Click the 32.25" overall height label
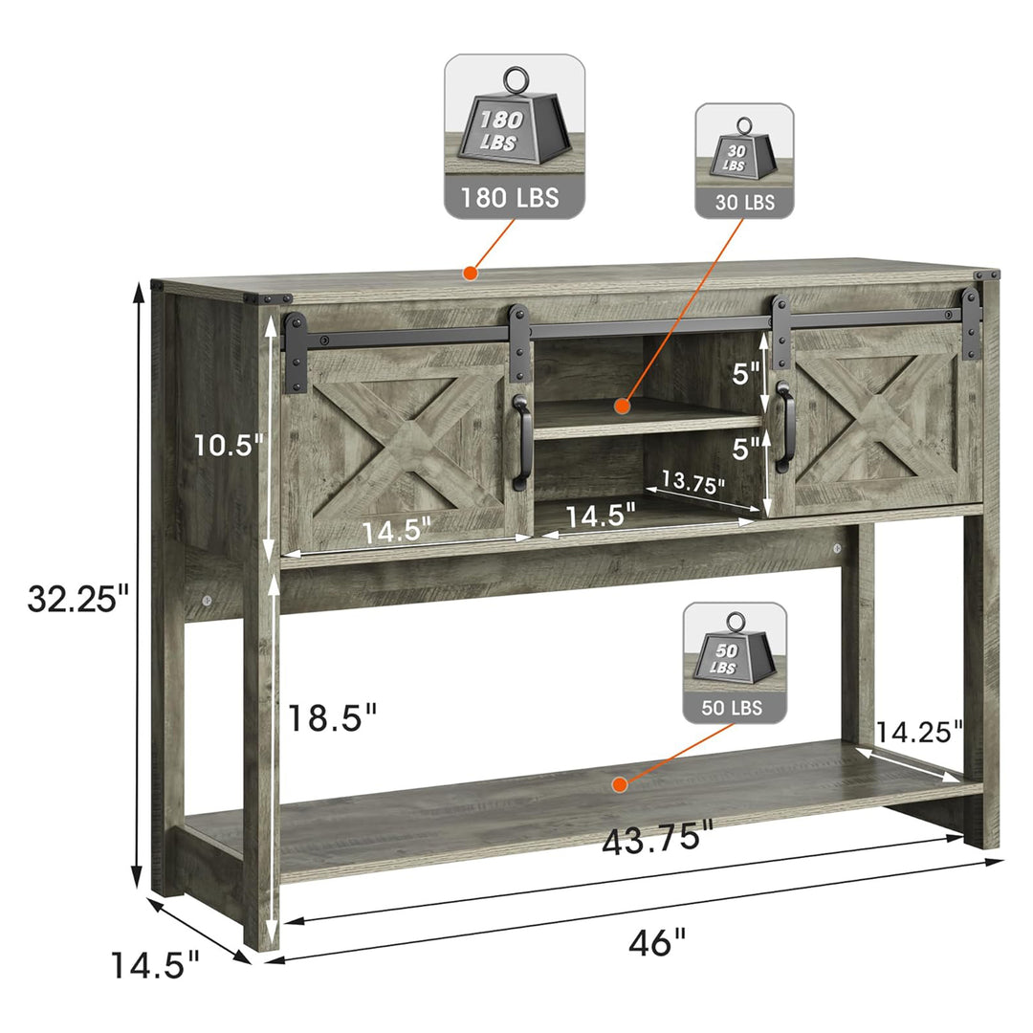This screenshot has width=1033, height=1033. click(x=78, y=598)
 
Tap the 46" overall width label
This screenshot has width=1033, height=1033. click(x=657, y=942)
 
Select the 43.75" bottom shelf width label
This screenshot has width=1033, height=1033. click(x=657, y=838)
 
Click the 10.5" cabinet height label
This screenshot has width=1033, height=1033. click(x=228, y=446)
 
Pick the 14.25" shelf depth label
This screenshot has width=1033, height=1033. click(x=919, y=732)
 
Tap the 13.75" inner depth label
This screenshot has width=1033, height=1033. click(x=692, y=481)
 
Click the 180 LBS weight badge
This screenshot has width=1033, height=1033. click(x=514, y=137)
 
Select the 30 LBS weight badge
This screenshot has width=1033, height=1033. click(x=744, y=162)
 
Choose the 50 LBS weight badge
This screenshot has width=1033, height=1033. click(x=735, y=663)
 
